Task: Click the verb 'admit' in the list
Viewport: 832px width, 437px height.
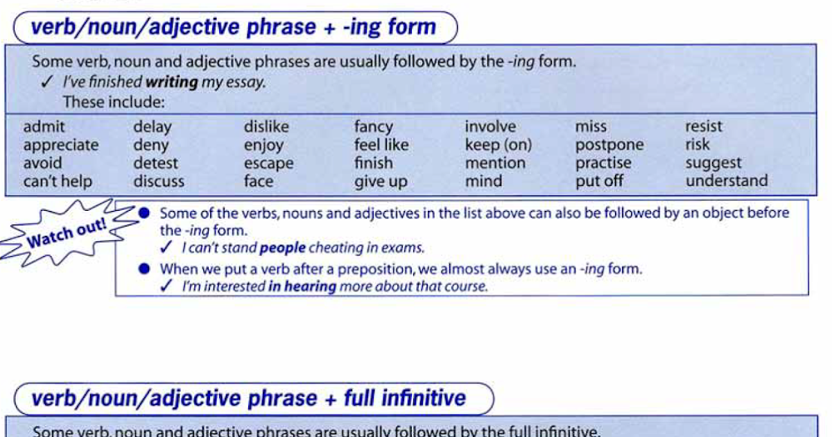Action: pyautogui.click(x=44, y=127)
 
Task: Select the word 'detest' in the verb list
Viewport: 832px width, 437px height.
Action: pyautogui.click(x=156, y=164)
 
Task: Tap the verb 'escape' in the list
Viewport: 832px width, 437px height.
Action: pyautogui.click(x=268, y=164)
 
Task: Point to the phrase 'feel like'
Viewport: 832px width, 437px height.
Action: pyautogui.click(x=381, y=146)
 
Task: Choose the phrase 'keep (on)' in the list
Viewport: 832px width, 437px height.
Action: pyautogui.click(x=498, y=146)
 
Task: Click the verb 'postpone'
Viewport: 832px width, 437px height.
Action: pyautogui.click(x=609, y=146)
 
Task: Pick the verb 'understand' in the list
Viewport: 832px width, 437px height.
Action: pyautogui.click(x=727, y=181)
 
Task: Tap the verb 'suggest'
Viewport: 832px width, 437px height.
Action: pyautogui.click(x=713, y=164)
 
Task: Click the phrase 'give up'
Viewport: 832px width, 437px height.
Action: pyautogui.click(x=381, y=182)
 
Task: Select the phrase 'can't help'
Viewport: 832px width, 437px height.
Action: pyautogui.click(x=58, y=182)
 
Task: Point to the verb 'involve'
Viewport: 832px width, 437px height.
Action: pyautogui.click(x=490, y=127)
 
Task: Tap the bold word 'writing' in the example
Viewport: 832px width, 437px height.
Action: pyautogui.click(x=171, y=82)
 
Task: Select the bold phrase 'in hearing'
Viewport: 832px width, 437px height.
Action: pyautogui.click(x=302, y=286)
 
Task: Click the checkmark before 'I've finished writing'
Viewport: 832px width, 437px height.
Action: pyautogui.click(x=47, y=82)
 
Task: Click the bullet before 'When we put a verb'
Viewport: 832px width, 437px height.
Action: pyautogui.click(x=144, y=268)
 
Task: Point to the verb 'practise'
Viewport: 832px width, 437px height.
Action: pyautogui.click(x=603, y=164)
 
